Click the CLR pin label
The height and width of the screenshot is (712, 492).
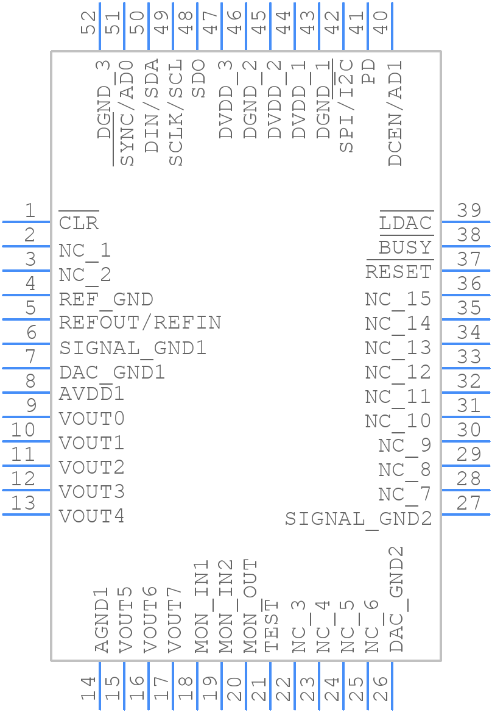[x=79, y=223]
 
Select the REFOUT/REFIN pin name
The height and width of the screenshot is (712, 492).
[x=140, y=322]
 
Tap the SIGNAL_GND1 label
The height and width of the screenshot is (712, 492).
[x=133, y=348]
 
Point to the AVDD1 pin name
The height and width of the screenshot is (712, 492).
[x=91, y=394]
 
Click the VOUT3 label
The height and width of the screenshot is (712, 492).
[x=91, y=491]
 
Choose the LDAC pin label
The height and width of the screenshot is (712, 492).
[x=406, y=223]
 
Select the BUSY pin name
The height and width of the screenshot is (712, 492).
[x=405, y=247]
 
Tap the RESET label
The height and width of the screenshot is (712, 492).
[x=398, y=272]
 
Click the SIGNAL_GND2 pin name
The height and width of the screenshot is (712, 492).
[x=358, y=519]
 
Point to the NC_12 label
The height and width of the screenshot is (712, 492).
[x=398, y=372]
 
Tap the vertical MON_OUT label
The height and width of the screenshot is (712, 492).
[x=250, y=607]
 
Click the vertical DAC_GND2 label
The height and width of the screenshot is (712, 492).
[x=396, y=599]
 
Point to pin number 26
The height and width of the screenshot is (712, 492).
[x=380, y=689]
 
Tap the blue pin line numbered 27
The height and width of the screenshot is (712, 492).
[x=466, y=514]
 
